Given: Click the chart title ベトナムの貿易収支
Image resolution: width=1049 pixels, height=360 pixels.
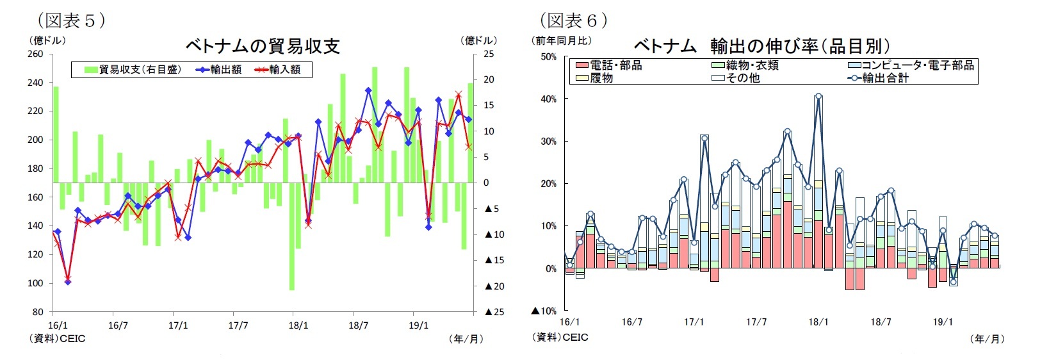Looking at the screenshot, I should tap(262, 46).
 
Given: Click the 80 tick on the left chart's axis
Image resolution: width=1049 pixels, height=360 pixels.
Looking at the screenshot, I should tap(38, 312).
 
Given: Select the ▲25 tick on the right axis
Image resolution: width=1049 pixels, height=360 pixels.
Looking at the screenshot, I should tap(494, 312).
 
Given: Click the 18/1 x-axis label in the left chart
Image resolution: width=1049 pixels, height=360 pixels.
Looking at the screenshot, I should tap(298, 325).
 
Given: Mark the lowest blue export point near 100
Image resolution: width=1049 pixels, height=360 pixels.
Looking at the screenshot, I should tap(68, 282).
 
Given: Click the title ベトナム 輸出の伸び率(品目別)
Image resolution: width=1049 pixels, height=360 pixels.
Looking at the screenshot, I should tap(761, 46).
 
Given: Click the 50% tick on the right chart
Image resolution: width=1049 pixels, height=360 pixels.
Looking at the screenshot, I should tap(548, 57).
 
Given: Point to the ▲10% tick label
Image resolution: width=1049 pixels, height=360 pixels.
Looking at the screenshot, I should tap(544, 311).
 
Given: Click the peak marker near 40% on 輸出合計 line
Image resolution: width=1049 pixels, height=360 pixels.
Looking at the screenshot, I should tap(818, 97).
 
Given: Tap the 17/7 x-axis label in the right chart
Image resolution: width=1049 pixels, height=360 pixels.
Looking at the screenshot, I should tap(756, 322).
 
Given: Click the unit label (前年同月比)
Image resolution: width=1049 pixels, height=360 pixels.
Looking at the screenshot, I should tap(561, 41).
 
